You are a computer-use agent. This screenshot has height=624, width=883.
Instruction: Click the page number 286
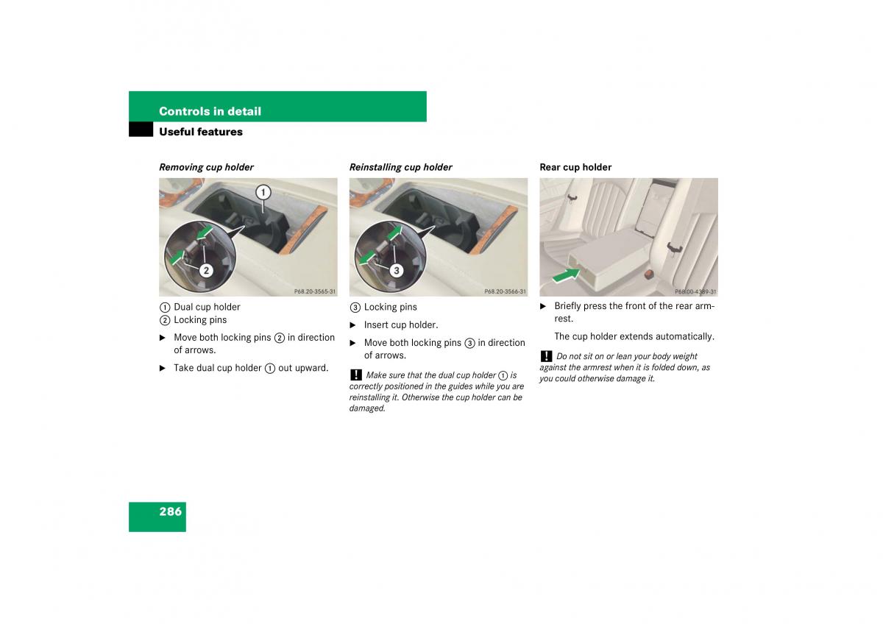tap(170, 511)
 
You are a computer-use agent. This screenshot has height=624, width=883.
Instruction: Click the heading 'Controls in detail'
tap(210, 111)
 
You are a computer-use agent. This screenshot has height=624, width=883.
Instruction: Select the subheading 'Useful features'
tap(201, 132)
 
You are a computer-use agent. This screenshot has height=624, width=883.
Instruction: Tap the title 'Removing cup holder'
tap(206, 167)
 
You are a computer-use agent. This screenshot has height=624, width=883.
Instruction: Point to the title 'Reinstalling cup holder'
tap(400, 167)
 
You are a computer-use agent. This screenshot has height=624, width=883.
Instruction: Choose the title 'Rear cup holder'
tap(575, 167)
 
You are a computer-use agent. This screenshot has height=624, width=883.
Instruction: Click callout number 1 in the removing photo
tap(263, 192)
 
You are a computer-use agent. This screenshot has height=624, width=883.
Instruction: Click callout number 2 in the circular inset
tap(206, 270)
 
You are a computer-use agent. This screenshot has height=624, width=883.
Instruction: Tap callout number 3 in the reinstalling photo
tap(397, 270)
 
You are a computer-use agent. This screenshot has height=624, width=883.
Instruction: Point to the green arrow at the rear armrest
tap(567, 275)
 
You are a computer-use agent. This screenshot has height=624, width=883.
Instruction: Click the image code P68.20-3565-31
tap(315, 291)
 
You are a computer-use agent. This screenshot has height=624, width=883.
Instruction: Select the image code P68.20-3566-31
tap(505, 291)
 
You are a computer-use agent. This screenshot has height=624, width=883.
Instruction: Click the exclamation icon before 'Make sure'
tap(356, 375)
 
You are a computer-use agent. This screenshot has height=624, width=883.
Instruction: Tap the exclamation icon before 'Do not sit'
tap(546, 356)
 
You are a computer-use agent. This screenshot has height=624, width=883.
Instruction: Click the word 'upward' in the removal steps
tap(313, 368)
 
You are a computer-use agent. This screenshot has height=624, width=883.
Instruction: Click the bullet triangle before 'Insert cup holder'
tap(352, 325)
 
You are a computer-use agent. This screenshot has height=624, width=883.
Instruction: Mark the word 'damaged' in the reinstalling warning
tap(367, 408)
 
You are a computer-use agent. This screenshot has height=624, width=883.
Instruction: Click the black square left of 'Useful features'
tap(141, 130)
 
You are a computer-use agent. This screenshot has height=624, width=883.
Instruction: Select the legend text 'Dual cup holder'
tap(207, 307)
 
